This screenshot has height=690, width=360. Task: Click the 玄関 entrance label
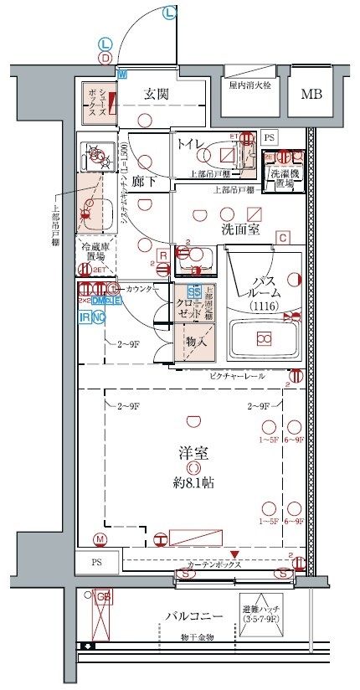pyautogui.click(x=157, y=94)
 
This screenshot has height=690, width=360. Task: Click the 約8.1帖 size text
pyautogui.click(x=193, y=483)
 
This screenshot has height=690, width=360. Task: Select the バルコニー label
pyautogui.click(x=193, y=615)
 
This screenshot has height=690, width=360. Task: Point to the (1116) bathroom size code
pyautogui.click(x=264, y=308)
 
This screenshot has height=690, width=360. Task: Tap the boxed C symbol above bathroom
pyautogui.click(x=284, y=238)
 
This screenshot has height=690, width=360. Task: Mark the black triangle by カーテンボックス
pyautogui.click(x=235, y=554)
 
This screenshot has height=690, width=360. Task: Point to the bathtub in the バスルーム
pyautogui.click(x=264, y=339)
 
